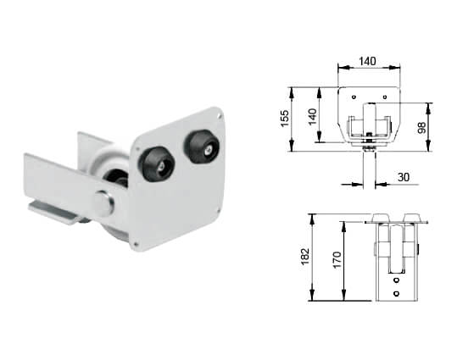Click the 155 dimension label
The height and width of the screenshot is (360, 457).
pyautogui.click(x=285, y=118)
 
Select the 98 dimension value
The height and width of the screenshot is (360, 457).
pyautogui.click(x=421, y=128)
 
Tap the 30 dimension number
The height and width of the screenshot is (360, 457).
pyautogui.click(x=404, y=177)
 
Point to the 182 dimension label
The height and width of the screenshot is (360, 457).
pyautogui.click(x=305, y=257)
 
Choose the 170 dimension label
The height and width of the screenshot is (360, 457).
pyautogui.click(x=337, y=260)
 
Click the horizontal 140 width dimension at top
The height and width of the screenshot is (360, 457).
pyautogui.click(x=367, y=62)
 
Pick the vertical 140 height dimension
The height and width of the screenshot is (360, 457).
pyautogui.click(x=312, y=117)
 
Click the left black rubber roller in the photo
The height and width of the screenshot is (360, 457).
pyautogui.click(x=156, y=164)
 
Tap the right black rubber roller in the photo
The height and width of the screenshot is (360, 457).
pyautogui.click(x=202, y=147)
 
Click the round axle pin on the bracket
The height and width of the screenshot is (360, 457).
pyautogui.click(x=103, y=202)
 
